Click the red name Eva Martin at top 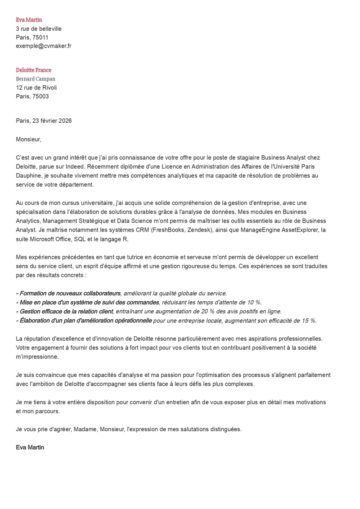coord(29,20)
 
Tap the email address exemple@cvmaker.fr coord(44,46)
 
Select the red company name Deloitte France coord(34,70)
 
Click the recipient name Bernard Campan coord(36,79)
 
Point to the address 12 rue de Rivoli coord(36,88)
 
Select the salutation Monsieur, coord(28,139)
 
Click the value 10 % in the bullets coord(253,303)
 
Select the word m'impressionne coord(37,357)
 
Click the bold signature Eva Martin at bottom coord(30,448)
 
